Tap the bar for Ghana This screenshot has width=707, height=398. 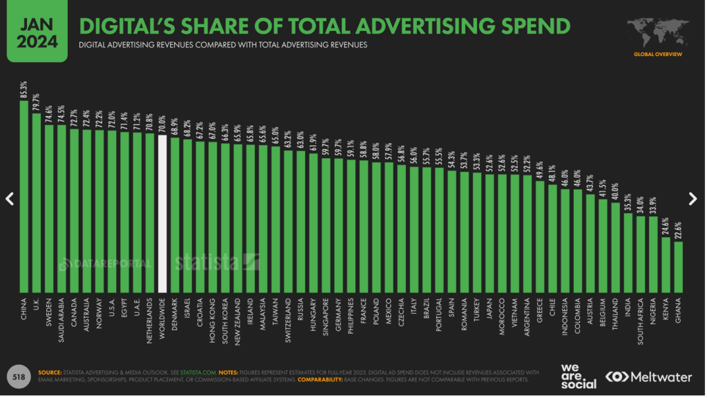pyautogui.click(x=679, y=266)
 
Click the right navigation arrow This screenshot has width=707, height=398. pyautogui.click(x=693, y=199)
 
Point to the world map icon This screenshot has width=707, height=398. pyautogui.click(x=657, y=32)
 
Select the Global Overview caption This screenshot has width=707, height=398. pyautogui.click(x=657, y=54)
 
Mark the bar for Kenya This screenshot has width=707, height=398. pyautogui.click(x=666, y=263)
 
